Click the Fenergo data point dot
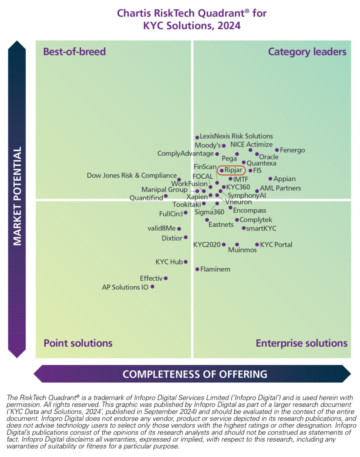coord(277,150)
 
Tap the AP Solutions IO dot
coord(152,287)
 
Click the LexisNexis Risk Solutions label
coord(236,136)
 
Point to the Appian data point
coord(270,179)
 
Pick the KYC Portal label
coord(276,245)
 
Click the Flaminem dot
coord(197,269)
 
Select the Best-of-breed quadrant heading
coord(75,51)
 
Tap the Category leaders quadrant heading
coord(307,51)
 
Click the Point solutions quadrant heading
coord(78,343)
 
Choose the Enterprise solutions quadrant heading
coord(301,343)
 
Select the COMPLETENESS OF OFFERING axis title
coord(195,374)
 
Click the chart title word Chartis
coord(133,13)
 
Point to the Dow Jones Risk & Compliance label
coord(132,175)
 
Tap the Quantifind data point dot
coord(166,196)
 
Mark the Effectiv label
coord(151,278)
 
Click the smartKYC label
coord(261,228)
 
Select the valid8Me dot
coord(179,228)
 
